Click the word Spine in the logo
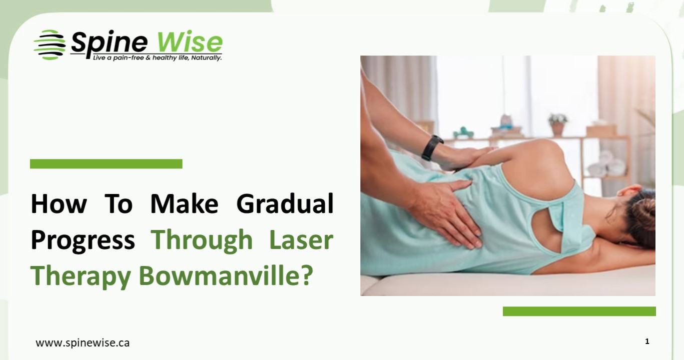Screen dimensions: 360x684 pos(109,43)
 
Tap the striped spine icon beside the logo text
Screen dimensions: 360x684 pos(49,44)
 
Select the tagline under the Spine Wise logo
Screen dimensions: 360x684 pos(157,58)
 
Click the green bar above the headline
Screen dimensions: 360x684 pos(106,163)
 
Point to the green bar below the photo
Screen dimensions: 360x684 pos(579,311)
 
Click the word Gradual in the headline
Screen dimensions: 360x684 pos(285,204)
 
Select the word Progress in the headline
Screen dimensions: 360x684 pos(83,240)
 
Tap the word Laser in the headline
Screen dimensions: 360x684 pos(301,240)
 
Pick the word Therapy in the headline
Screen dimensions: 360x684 pos(81,275)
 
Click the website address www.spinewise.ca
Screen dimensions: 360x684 pos(83,343)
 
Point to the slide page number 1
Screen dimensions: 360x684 pos(647,341)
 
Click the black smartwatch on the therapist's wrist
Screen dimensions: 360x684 pos(432,148)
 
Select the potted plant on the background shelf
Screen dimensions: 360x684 pos(557,124)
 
